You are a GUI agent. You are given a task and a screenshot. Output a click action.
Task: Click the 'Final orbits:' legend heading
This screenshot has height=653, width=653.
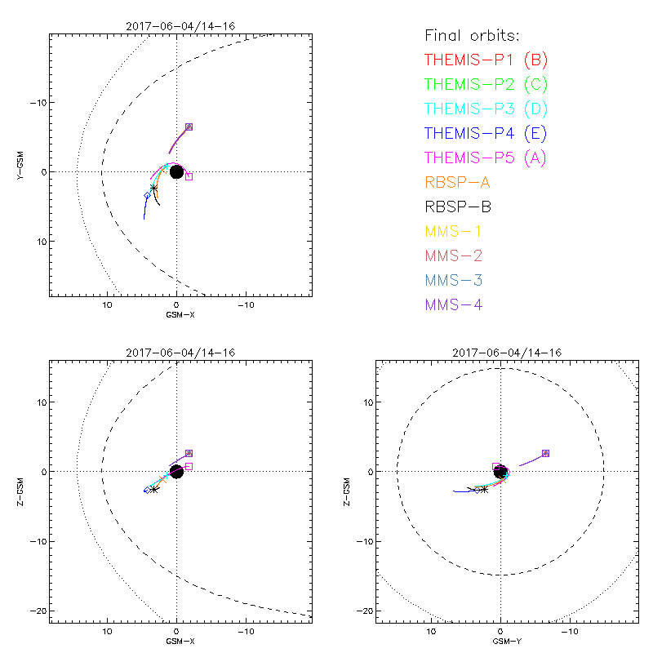click(473, 35)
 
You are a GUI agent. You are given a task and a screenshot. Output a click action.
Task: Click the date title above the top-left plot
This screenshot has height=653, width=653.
click(180, 26)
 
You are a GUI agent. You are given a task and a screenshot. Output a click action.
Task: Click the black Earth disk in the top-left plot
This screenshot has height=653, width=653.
click(176, 171)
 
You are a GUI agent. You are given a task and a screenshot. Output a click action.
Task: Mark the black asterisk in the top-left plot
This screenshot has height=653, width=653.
click(153, 189)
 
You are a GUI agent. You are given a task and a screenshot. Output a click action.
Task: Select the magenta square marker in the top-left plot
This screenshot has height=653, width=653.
click(189, 176)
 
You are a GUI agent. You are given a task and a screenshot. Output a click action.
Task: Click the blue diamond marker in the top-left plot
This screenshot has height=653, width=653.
click(148, 196)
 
